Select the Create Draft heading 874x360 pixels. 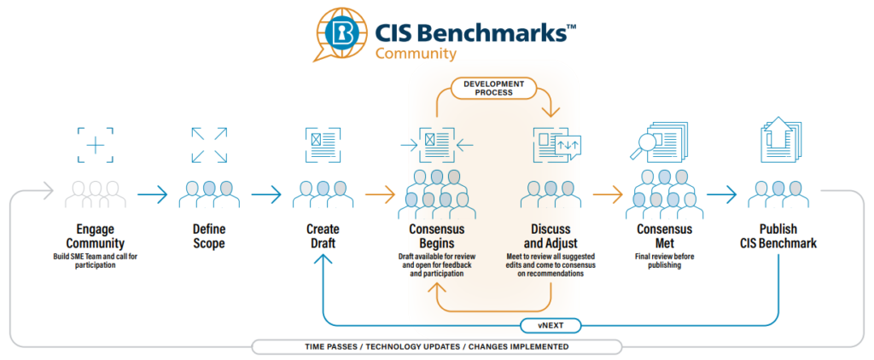(323, 236)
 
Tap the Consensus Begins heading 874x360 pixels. (436, 236)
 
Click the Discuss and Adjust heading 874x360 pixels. (551, 236)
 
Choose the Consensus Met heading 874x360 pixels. (664, 236)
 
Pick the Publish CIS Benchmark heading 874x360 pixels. (778, 236)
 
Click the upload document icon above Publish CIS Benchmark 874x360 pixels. (778, 140)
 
